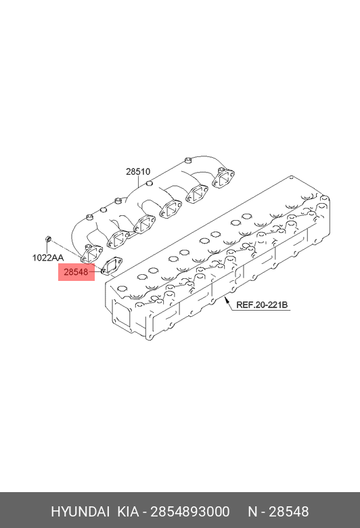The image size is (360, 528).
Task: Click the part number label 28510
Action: click(x=138, y=172)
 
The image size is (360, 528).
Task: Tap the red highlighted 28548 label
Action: click(x=76, y=272)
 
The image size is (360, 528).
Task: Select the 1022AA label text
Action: click(x=48, y=258)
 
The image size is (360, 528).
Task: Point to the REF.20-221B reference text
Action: click(x=262, y=305)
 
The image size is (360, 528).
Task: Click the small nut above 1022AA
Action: click(x=49, y=239)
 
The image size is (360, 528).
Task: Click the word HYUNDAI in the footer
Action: click(x=80, y=512)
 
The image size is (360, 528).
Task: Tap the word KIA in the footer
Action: click(x=128, y=512)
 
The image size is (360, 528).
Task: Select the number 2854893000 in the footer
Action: click(x=190, y=512)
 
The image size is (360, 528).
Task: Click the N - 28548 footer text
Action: click(x=278, y=512)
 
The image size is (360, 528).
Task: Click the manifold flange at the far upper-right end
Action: click(x=223, y=177)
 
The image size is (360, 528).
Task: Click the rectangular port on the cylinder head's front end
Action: click(x=121, y=315)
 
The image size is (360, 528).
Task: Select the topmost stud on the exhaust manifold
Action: click(x=188, y=160)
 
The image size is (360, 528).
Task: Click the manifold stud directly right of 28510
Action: click(x=149, y=183)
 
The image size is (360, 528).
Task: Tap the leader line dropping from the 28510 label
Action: click(x=139, y=182)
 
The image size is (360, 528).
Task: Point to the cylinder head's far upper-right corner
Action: click(x=292, y=176)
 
